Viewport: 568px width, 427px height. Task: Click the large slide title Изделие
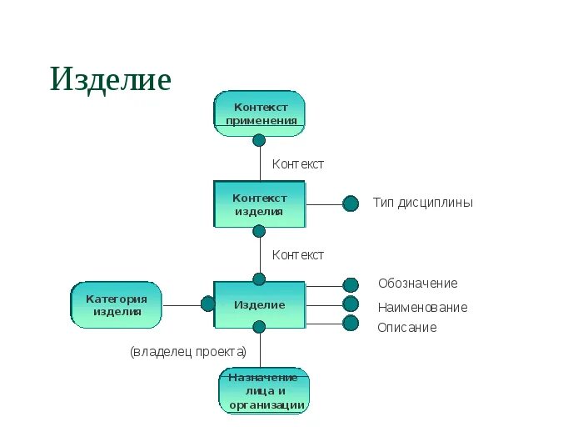[111, 79]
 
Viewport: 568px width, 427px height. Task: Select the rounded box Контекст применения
[260, 114]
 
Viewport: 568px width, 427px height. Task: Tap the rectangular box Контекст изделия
[259, 204]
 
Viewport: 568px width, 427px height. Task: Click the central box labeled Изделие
[259, 305]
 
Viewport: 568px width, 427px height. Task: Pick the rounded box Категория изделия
[117, 305]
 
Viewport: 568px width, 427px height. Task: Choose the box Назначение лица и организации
[263, 391]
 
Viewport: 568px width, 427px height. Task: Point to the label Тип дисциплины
[422, 203]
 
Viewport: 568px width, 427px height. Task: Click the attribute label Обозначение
[417, 284]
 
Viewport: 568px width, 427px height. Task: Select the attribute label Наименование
[422, 307]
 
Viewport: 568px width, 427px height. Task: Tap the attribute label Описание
[406, 328]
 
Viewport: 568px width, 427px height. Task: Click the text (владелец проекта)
[188, 351]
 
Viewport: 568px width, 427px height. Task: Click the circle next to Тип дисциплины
[351, 203]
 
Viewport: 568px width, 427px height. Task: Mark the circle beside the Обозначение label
[351, 285]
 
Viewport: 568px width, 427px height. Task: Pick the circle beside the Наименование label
[351, 304]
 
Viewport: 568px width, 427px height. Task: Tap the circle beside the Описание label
[351, 323]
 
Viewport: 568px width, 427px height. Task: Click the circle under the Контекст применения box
[259, 140]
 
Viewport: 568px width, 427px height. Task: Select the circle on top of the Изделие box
[259, 279]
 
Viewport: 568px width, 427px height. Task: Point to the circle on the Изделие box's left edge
[207, 304]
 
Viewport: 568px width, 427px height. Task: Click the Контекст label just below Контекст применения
[297, 164]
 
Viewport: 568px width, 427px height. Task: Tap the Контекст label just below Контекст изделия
[297, 255]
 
